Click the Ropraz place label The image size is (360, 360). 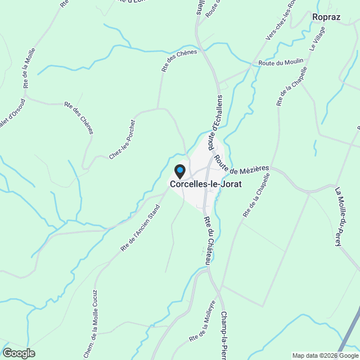[327, 17]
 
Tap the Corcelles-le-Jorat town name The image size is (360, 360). [205, 183]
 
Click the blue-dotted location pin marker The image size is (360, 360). [180, 170]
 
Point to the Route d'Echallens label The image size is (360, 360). [218, 123]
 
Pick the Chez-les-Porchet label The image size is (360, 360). [123, 139]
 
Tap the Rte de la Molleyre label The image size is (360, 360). [202, 321]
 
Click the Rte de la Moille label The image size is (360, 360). [29, 67]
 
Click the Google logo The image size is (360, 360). [18, 353]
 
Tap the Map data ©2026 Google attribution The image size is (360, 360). [325, 355]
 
